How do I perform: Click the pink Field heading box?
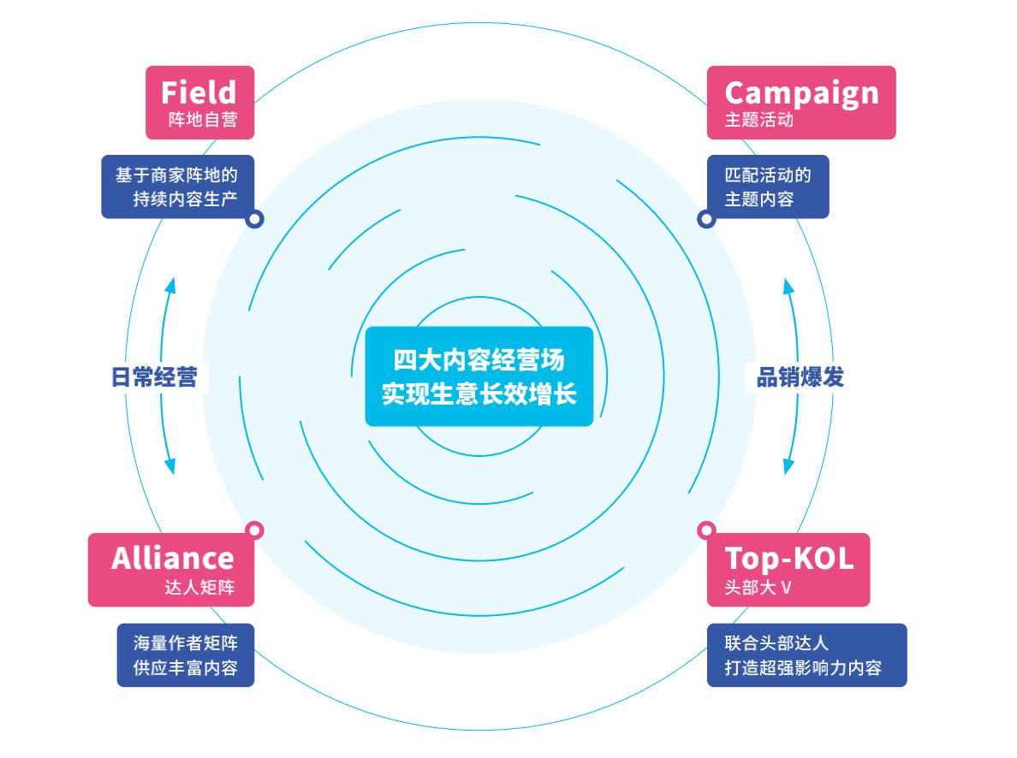[x=199, y=102]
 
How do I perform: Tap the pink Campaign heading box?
[x=801, y=102]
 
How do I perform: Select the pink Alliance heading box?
[x=172, y=570]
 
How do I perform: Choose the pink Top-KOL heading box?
[x=788, y=570]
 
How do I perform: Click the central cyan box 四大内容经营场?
[x=479, y=376]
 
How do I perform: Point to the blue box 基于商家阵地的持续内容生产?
[x=177, y=187]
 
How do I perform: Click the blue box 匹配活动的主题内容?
[x=767, y=187]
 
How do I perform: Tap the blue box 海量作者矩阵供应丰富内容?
[x=186, y=654]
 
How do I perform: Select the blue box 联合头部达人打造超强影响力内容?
[x=806, y=654]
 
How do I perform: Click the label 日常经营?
[x=154, y=377]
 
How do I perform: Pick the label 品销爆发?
[x=800, y=377]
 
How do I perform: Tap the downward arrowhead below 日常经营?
[x=169, y=466]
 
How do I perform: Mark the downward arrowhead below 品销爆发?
[x=788, y=466]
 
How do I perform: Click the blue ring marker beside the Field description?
[x=254, y=219]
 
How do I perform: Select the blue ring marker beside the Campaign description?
[x=706, y=219]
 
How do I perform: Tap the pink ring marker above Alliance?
[x=254, y=530]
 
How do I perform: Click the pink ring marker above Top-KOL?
[x=706, y=530]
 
